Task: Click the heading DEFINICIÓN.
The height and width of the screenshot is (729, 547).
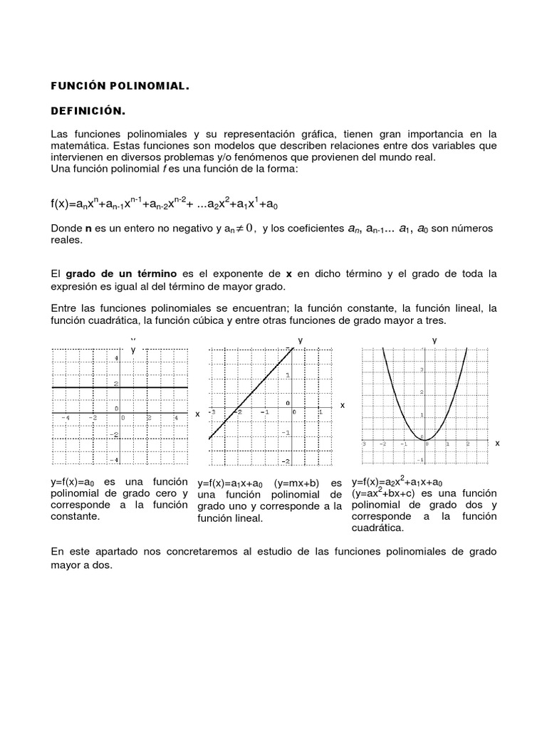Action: click(x=88, y=111)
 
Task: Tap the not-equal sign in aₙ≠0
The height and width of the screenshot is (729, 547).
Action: click(x=237, y=229)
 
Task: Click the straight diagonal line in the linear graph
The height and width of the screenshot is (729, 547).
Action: click(x=249, y=393)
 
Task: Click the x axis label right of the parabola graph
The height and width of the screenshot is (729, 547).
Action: click(x=497, y=443)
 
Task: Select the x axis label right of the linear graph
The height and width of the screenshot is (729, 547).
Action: click(x=342, y=405)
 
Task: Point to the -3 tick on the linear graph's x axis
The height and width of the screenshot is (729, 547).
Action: click(x=212, y=412)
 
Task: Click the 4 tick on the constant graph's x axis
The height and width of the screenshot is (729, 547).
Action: click(x=176, y=418)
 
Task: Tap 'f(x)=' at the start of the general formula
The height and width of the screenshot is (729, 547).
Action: click(x=65, y=204)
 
